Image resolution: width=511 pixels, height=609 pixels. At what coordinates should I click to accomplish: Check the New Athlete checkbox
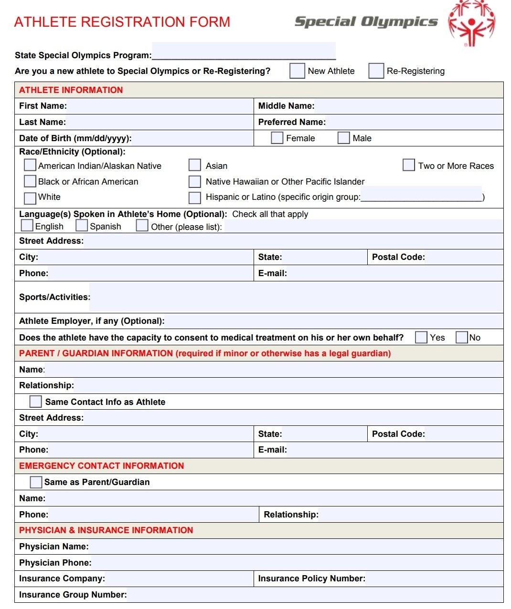(x=297, y=71)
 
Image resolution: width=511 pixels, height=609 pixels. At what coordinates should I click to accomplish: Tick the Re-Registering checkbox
(x=376, y=71)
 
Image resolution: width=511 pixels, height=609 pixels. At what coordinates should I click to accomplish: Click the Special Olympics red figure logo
(x=471, y=23)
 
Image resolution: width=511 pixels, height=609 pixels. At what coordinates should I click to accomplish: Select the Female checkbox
(x=277, y=138)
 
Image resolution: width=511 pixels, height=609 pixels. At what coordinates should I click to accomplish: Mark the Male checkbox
(x=343, y=138)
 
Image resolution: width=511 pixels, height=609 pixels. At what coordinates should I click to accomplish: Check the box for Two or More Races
(x=408, y=165)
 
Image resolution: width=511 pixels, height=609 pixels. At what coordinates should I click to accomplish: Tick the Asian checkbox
(x=194, y=165)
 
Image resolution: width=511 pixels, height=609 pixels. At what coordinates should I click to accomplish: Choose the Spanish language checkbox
(x=82, y=225)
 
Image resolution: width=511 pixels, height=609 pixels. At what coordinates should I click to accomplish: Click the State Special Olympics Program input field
(x=244, y=51)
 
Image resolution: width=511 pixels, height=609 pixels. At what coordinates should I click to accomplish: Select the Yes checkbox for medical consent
(x=421, y=337)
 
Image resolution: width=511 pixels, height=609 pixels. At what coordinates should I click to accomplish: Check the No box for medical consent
(x=461, y=337)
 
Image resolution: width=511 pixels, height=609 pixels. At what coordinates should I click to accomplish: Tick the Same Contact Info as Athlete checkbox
(x=35, y=402)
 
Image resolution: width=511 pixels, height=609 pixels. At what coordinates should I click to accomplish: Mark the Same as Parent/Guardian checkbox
(x=36, y=482)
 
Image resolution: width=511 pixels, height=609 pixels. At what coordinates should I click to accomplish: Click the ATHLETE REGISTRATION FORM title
(x=122, y=22)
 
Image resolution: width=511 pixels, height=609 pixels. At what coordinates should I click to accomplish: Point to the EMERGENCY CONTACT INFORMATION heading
(x=101, y=466)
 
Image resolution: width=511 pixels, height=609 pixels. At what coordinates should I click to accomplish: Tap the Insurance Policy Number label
(x=311, y=578)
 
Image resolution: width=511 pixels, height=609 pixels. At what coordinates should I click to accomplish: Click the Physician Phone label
(x=55, y=563)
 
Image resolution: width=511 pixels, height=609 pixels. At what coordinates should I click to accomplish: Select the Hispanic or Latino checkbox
(x=194, y=197)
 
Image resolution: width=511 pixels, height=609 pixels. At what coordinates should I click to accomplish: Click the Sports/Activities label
(x=54, y=297)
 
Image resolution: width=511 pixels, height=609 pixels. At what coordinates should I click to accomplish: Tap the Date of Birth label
(x=75, y=138)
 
